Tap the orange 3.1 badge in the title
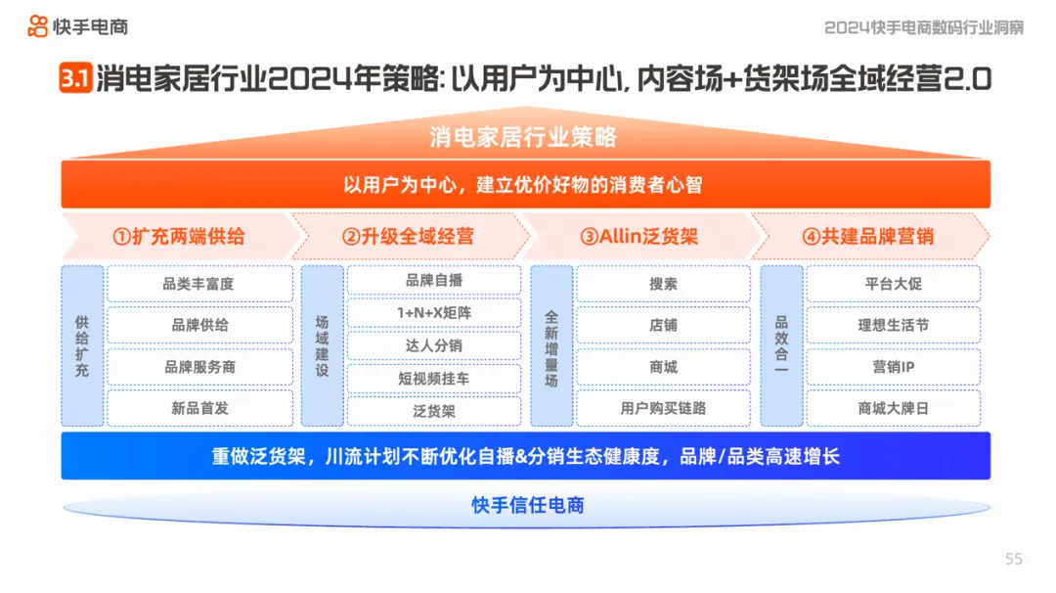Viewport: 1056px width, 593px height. [75, 79]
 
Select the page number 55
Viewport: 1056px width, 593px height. [1014, 559]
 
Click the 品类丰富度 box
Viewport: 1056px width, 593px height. [199, 284]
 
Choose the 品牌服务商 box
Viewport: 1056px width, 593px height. [199, 367]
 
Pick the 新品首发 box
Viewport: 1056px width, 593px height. [199, 408]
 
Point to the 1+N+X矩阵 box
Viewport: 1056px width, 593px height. [434, 312]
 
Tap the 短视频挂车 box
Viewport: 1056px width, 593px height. [434, 378]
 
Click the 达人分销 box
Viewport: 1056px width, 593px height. [434, 345]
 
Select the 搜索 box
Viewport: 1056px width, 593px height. [663, 284]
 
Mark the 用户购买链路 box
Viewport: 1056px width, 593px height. [663, 408]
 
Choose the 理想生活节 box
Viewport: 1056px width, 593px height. [893, 325]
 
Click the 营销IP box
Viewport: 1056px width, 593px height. [893, 367]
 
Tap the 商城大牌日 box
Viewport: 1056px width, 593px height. [893, 408]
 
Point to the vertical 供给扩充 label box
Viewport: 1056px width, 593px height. [82, 345]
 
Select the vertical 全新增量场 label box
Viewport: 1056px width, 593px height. [551, 345]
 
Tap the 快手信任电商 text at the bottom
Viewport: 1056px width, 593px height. [528, 506]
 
